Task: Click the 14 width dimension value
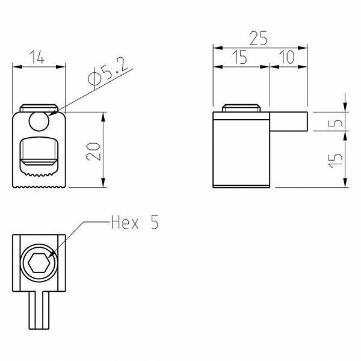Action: tap(37, 57)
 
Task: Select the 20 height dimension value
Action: tap(93, 152)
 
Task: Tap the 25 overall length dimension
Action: tap(258, 39)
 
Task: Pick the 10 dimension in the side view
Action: tap(286, 57)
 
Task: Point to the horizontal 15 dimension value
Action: tap(239, 57)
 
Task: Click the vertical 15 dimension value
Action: tap(335, 160)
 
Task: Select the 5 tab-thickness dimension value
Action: tap(335, 122)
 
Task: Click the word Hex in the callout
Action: tap(125, 222)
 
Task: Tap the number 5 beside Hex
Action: tap(155, 222)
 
